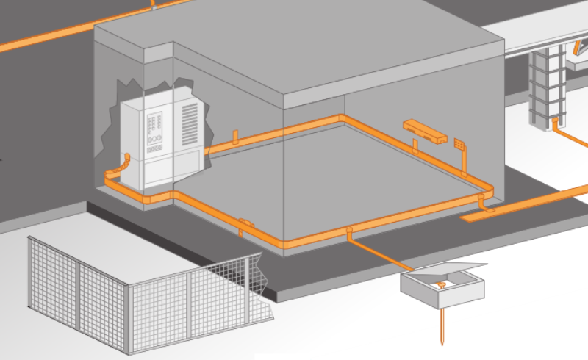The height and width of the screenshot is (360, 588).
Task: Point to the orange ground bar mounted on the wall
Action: pos(426,131)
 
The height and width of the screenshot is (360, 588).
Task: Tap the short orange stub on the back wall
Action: pos(234,137)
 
